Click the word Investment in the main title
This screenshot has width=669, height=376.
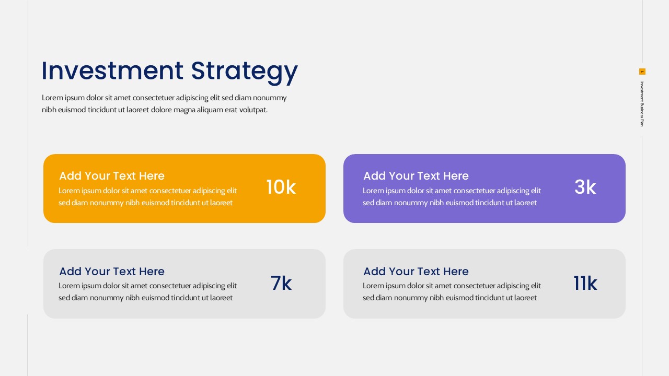112,71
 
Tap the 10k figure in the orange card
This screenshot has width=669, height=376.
281,187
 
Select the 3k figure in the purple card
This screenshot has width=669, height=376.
585,187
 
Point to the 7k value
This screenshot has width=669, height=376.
281,284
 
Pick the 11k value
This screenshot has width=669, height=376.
585,284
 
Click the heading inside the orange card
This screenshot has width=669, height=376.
112,176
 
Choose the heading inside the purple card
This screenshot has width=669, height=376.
416,176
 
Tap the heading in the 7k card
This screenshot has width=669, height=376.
112,272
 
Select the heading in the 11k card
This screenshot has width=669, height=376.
416,272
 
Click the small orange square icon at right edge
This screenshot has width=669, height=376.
642,72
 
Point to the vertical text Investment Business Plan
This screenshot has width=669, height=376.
642,104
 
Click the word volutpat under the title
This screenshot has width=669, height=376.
253,110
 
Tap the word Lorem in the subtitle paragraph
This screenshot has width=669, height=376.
52,98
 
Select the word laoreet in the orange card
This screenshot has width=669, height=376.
221,203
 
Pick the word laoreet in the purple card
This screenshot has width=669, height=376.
525,203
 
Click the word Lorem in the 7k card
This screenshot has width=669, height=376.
69,286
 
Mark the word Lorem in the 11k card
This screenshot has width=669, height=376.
373,286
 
